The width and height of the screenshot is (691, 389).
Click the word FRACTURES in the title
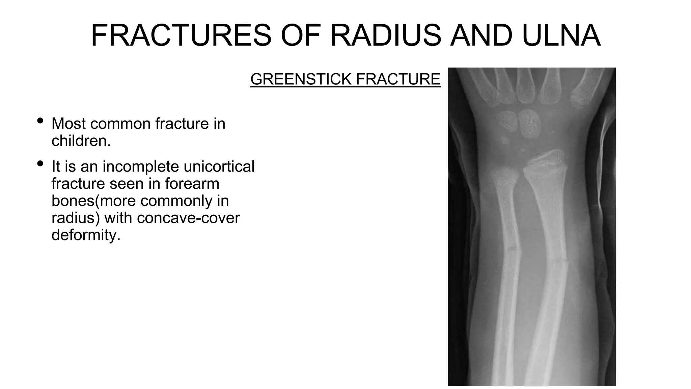pos(181,35)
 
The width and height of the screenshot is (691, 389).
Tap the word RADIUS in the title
pos(385,35)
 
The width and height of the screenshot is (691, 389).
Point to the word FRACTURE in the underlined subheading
pos(398,79)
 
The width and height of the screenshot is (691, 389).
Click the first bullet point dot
pos(40,121)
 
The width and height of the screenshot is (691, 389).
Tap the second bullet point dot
pos(40,164)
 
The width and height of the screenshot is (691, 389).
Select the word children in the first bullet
pos(80,141)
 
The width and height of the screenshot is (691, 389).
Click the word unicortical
pos(219,166)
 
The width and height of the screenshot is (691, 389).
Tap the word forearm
pos(192,184)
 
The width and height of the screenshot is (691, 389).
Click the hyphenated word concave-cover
pos(188,218)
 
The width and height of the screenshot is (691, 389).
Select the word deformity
pos(86,235)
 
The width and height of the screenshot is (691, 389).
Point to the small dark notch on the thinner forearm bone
pos(512,249)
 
